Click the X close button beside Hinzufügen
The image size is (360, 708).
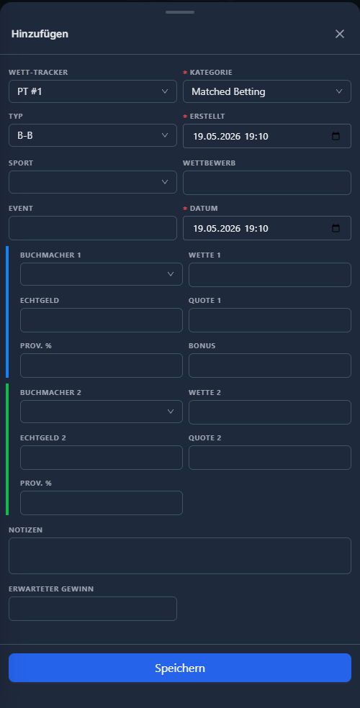pyautogui.click(x=340, y=34)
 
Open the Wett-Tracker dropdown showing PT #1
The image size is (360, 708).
pyautogui.click(x=93, y=91)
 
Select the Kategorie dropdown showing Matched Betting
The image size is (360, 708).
pyautogui.click(x=267, y=91)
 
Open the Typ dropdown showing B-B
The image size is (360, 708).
pyautogui.click(x=93, y=135)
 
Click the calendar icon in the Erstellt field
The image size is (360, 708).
pyautogui.click(x=336, y=137)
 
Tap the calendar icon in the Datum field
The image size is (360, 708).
pyautogui.click(x=336, y=228)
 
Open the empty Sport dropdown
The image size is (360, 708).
pyautogui.click(x=93, y=182)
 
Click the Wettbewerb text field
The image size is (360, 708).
pyautogui.click(x=267, y=183)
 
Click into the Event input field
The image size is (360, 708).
pyautogui.click(x=93, y=228)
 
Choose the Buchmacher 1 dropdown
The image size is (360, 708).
pyautogui.click(x=102, y=274)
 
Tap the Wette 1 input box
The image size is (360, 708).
pyautogui.click(x=270, y=275)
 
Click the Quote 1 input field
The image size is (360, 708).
pyautogui.click(x=270, y=320)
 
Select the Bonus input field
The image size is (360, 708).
pyautogui.click(x=270, y=366)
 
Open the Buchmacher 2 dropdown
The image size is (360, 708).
pyautogui.click(x=102, y=412)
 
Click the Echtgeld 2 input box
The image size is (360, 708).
pyautogui.click(x=102, y=458)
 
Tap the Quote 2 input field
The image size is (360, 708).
pyautogui.click(x=270, y=458)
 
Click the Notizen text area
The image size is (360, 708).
pyautogui.click(x=180, y=556)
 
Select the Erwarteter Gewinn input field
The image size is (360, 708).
pyautogui.click(x=93, y=609)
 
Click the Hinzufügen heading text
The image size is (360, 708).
pyautogui.click(x=40, y=34)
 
